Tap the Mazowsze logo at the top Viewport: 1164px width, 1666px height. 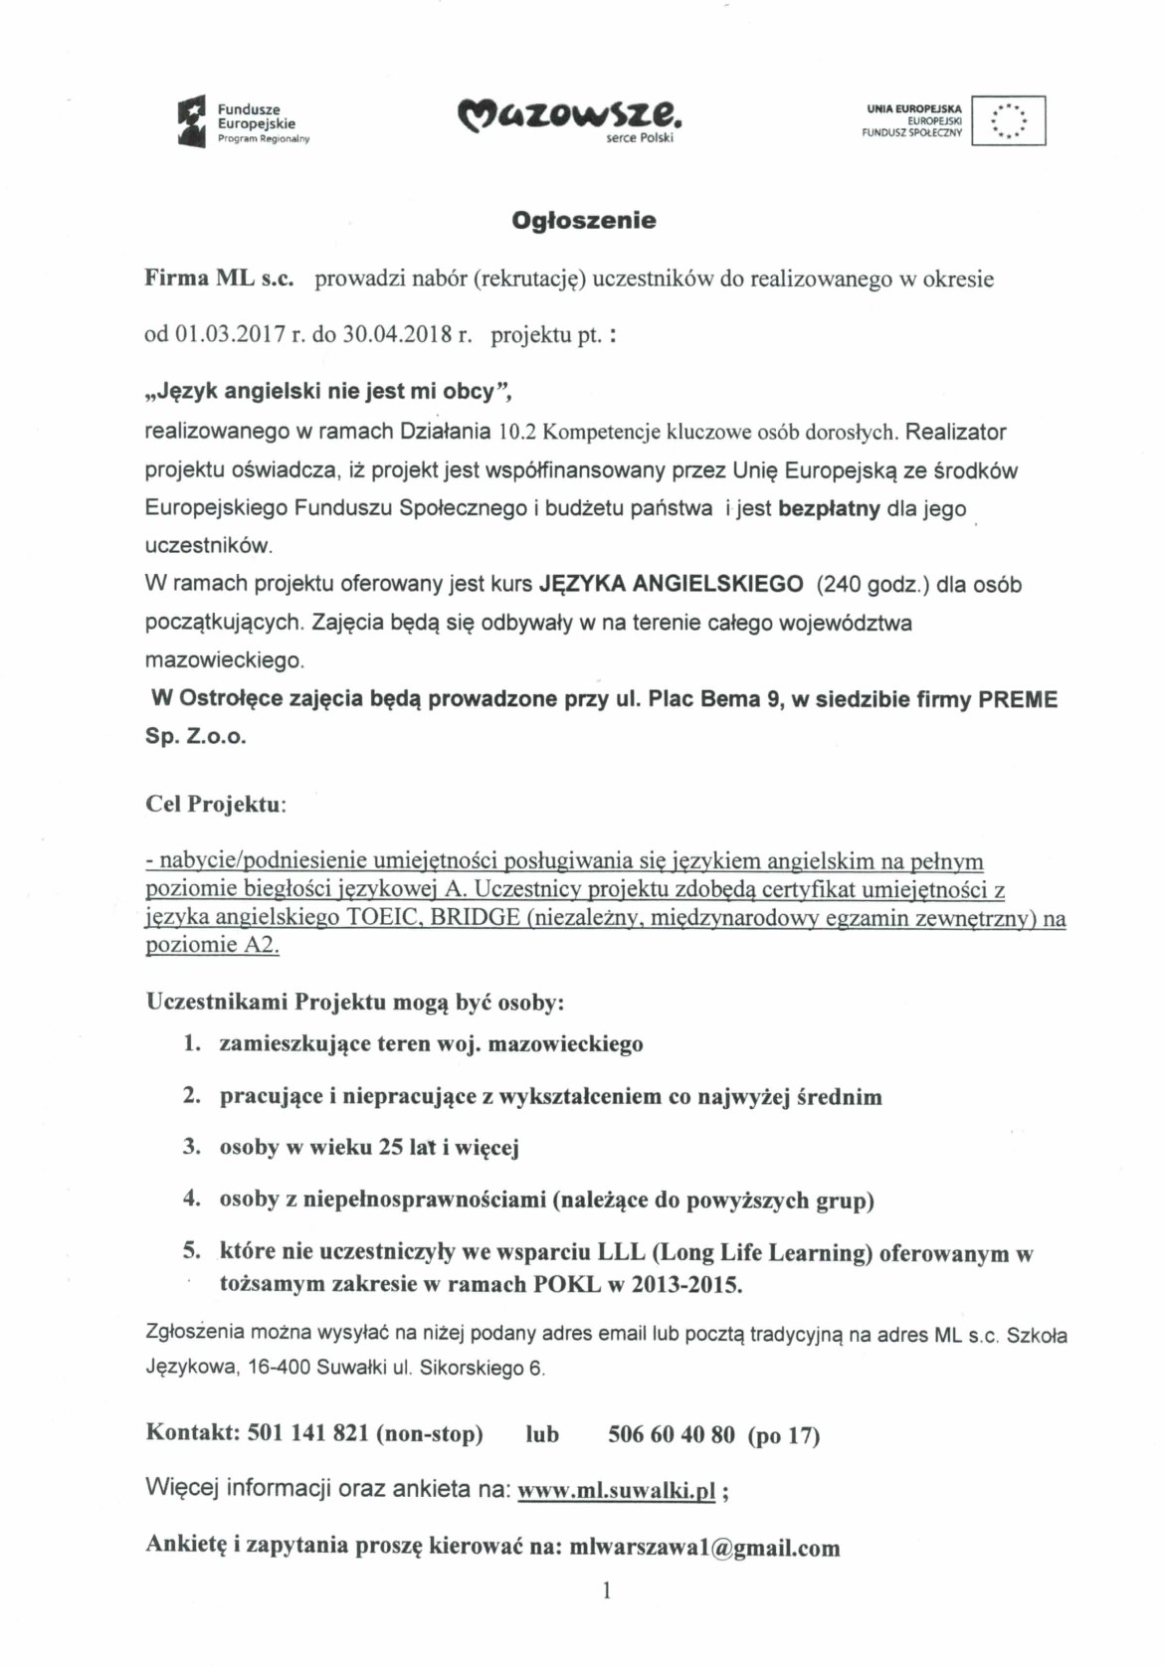(x=570, y=118)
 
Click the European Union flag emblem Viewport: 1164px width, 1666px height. (x=1008, y=121)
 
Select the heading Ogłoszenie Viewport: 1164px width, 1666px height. (x=584, y=221)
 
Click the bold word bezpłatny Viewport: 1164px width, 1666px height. (x=829, y=509)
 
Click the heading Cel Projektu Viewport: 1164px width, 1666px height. (x=215, y=805)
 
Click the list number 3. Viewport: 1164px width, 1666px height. (x=191, y=1148)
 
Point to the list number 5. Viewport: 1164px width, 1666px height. (x=191, y=1251)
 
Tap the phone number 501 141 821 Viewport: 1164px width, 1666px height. (x=307, y=1434)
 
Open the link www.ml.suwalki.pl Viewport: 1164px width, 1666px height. (x=618, y=1491)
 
